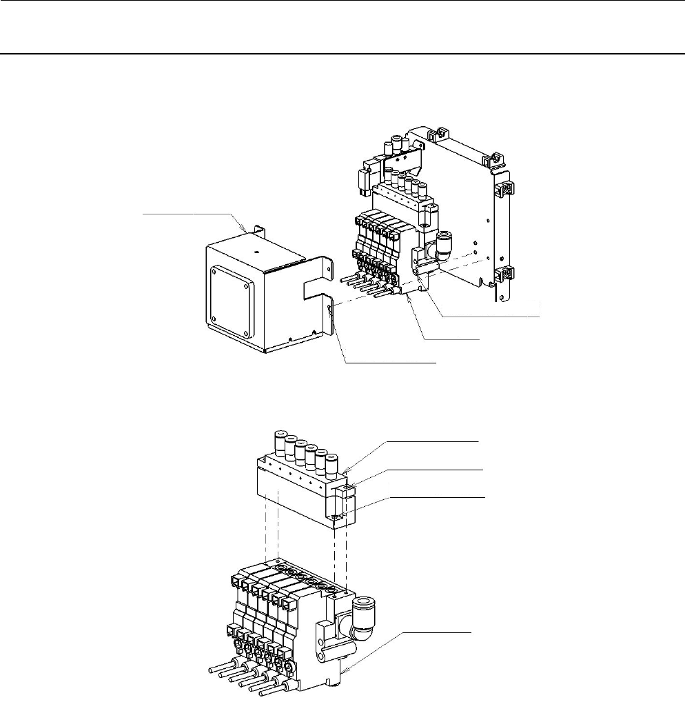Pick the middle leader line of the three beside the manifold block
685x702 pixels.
click(x=427, y=468)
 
